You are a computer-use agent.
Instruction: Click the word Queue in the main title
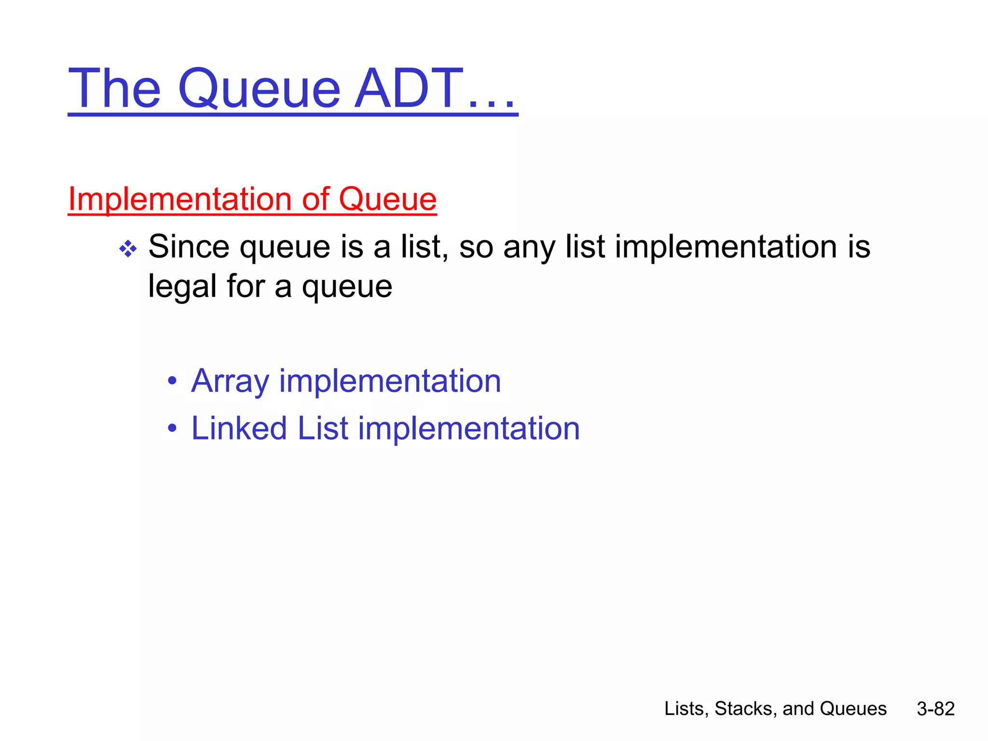tap(260, 89)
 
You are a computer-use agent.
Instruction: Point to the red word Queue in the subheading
tap(387, 199)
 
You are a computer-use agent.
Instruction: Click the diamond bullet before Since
tap(128, 249)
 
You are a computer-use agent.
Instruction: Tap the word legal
tap(182, 286)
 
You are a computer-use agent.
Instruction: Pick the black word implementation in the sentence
tap(726, 247)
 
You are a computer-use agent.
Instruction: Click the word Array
tap(230, 381)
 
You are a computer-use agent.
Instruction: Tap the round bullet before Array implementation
tap(172, 381)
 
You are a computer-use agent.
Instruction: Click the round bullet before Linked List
tap(172, 428)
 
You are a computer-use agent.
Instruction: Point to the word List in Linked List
tap(323, 428)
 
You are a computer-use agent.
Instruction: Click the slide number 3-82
tap(935, 709)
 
